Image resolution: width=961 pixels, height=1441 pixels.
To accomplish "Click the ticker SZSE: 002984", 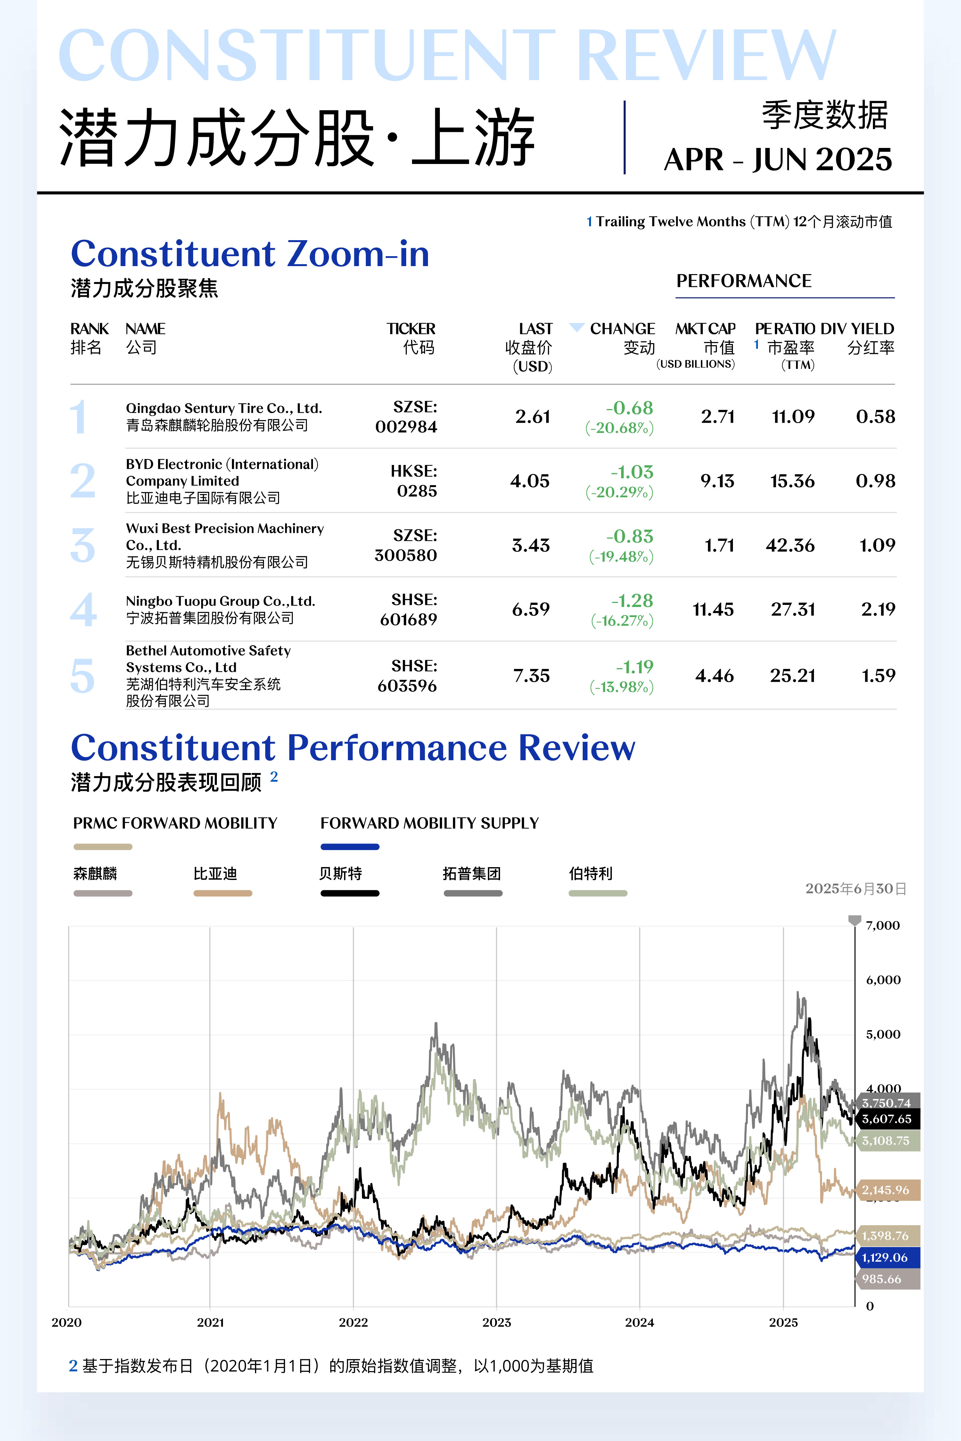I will coord(406,417).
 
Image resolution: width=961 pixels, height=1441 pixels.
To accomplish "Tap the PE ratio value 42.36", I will coord(790,545).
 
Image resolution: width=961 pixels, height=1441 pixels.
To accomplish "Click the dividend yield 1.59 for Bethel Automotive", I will coord(878,676).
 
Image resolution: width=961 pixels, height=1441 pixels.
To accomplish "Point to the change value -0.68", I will coord(629,408).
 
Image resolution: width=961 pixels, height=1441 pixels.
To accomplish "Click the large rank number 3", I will coord(83,545).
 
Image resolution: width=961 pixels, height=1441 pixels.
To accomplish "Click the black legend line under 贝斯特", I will coord(349,893).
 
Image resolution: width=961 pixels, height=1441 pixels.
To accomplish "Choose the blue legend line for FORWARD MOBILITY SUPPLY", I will coord(349,847).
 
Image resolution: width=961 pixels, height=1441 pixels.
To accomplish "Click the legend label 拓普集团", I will coord(472,873).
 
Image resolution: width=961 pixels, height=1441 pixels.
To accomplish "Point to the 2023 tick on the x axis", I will coord(497,1322).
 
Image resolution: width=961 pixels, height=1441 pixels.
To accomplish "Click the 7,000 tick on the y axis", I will coord(883,925).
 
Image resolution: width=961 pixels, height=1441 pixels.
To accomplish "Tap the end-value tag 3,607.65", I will coord(886,1119).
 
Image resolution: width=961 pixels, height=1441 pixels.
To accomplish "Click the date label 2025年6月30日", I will coord(856,888).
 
